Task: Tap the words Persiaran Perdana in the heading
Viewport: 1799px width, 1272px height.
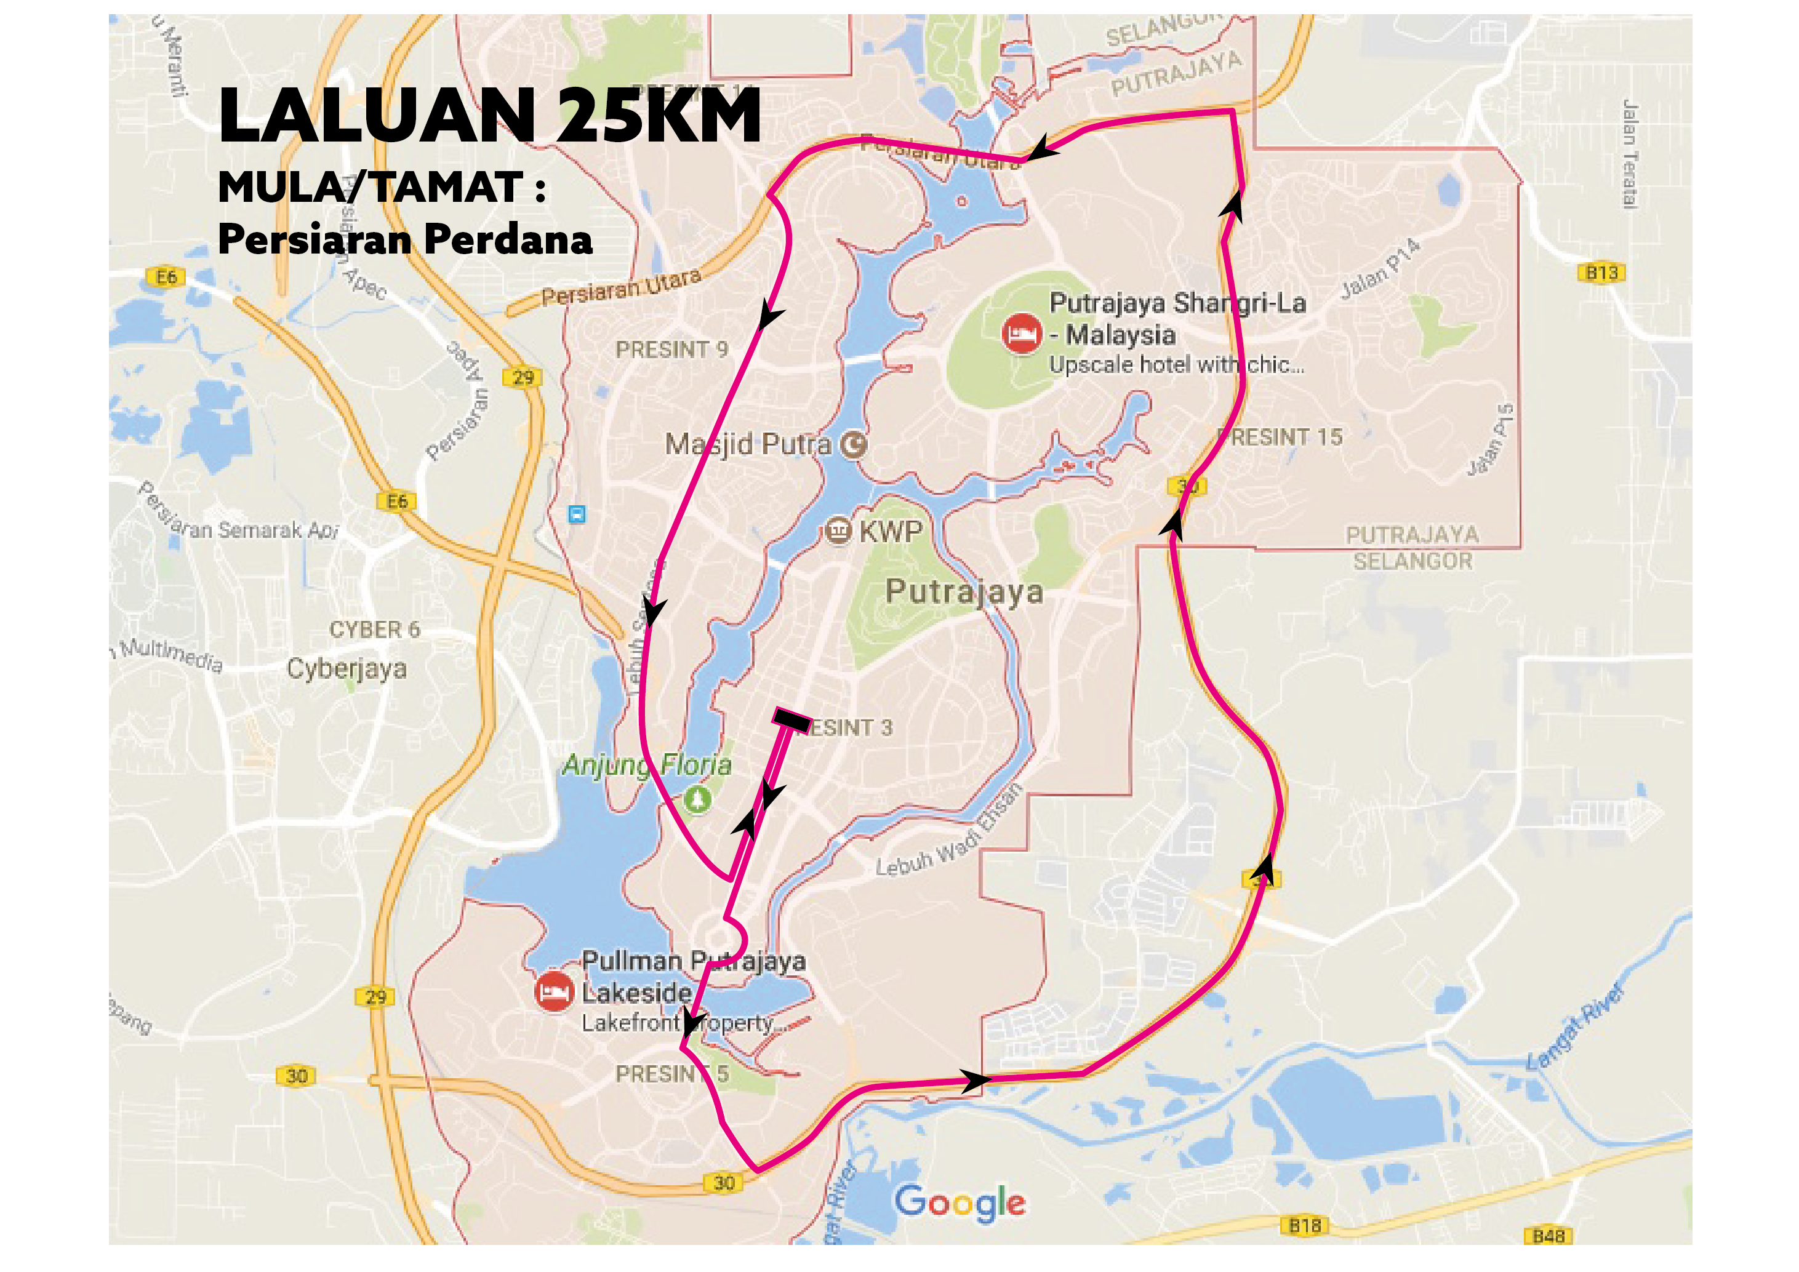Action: (404, 239)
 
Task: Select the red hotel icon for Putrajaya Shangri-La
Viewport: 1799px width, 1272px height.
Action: (1022, 334)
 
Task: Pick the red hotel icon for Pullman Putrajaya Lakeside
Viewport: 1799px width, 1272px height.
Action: (554, 991)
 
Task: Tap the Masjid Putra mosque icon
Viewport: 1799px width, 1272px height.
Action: (853, 445)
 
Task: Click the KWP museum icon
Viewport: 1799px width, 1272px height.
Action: (838, 531)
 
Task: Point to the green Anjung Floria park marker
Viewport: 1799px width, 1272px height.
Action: (697, 800)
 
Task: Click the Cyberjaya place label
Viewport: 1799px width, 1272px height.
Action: (347, 668)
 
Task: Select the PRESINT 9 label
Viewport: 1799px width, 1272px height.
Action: (671, 350)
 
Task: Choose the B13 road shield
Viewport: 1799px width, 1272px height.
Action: (1601, 273)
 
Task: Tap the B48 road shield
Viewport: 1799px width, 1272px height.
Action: (1549, 1236)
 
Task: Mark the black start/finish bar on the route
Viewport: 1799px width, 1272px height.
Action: (791, 721)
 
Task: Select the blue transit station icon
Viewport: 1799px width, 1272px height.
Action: (577, 514)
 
